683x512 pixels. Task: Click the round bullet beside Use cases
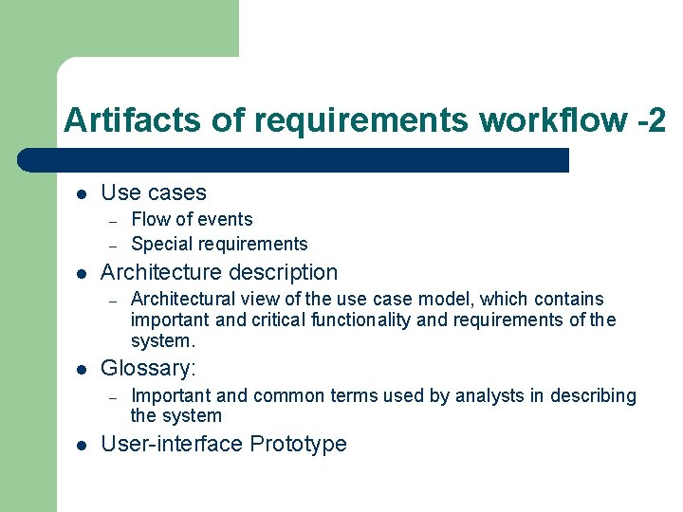[x=82, y=193]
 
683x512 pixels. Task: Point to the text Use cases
[x=153, y=192]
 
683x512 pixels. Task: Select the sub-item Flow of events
[x=192, y=219]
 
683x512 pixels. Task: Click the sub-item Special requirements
[x=219, y=244]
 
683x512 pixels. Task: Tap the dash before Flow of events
[x=112, y=220]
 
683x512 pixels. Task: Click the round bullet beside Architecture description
[x=82, y=273]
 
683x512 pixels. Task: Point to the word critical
[x=280, y=320]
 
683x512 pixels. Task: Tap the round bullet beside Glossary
[x=82, y=369]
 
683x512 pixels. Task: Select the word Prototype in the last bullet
[x=301, y=444]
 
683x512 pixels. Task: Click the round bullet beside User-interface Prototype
[x=82, y=445]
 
